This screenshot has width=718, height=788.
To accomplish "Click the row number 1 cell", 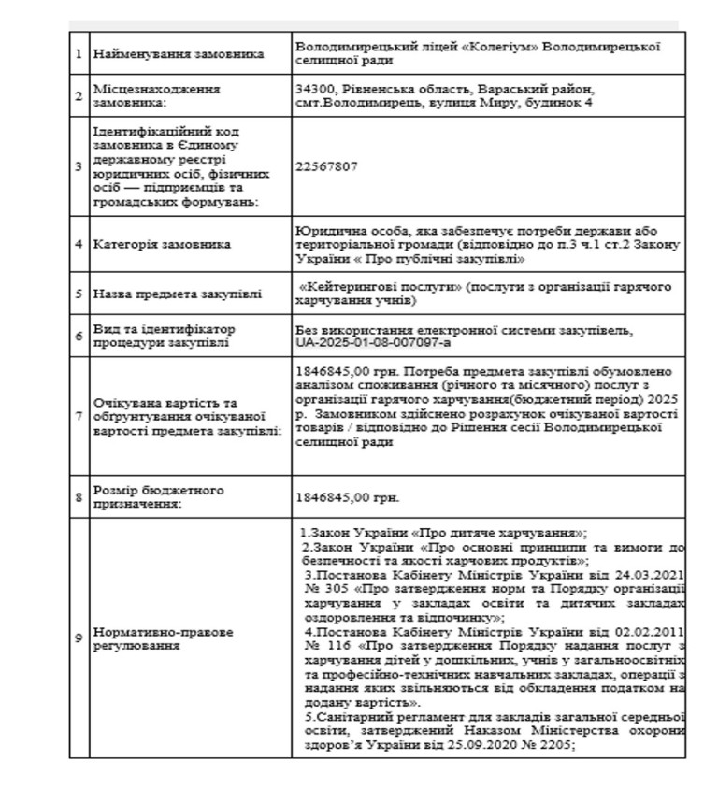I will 79,53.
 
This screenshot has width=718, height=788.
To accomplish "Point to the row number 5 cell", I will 79,294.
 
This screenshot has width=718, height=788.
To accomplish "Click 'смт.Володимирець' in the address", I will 351,102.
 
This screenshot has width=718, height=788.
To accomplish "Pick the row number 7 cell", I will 79,409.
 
